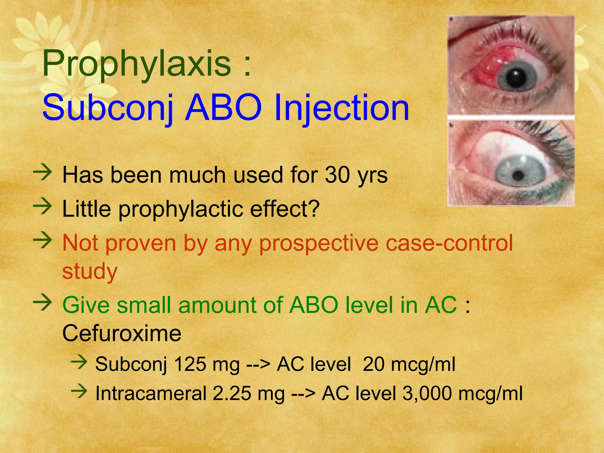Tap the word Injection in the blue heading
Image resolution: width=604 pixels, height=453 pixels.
[342, 108]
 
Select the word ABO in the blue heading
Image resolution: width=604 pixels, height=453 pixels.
[223, 108]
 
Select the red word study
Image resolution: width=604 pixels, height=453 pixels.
[90, 271]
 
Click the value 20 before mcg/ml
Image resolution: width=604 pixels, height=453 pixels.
[374, 364]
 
